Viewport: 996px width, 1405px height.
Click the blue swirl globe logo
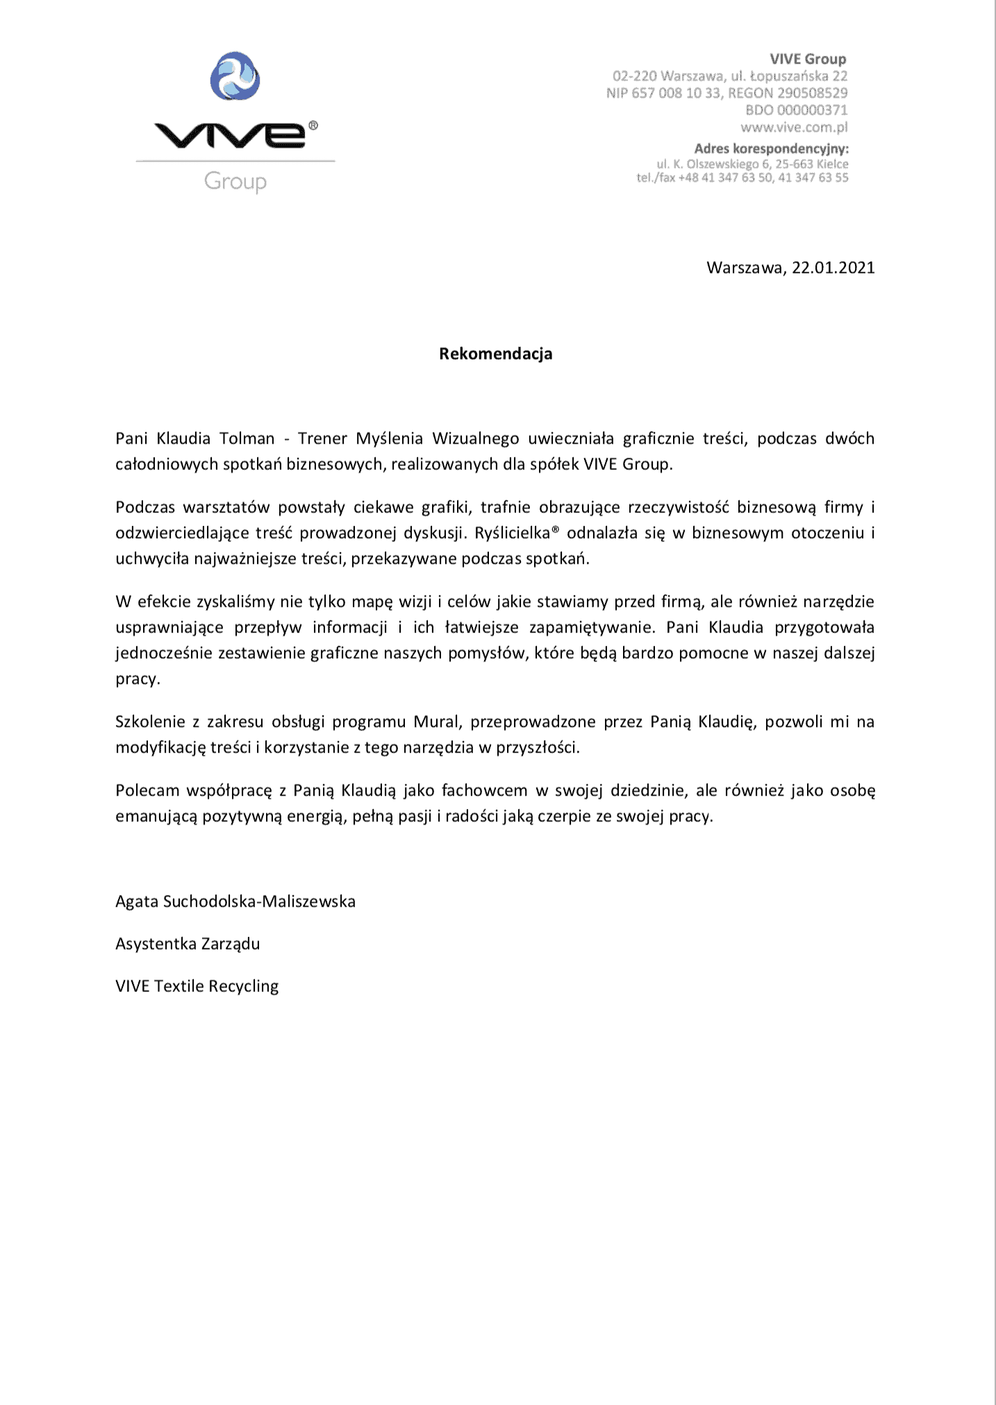235,76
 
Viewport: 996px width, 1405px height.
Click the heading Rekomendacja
495,354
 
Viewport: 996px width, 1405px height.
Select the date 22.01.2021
833,268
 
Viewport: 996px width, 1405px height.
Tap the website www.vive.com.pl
794,127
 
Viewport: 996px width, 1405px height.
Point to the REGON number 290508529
813,93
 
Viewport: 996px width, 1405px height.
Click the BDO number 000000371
813,110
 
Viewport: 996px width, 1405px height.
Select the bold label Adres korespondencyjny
771,149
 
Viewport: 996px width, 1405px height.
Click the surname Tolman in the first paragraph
247,439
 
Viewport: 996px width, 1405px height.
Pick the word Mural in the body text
437,722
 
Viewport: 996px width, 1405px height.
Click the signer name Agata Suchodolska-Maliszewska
235,902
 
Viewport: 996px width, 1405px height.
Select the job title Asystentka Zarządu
188,944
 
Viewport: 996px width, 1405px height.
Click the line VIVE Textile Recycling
197,986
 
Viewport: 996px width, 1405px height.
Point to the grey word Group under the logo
235,182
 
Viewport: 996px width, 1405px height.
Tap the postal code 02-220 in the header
634,76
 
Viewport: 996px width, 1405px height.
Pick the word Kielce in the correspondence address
832,165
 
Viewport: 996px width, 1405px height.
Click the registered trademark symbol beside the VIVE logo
313,126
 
